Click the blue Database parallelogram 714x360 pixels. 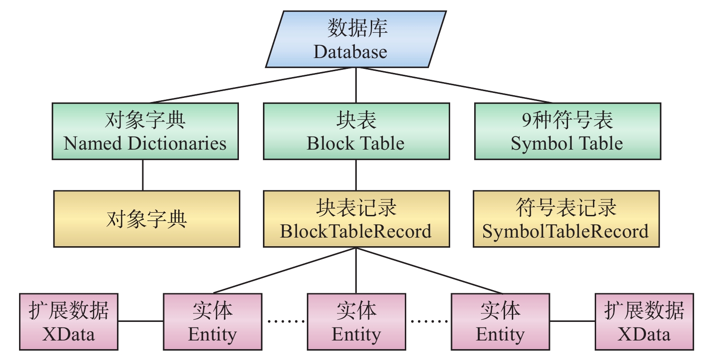coord(356,39)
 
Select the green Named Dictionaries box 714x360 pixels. coord(145,131)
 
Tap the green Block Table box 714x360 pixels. coord(356,131)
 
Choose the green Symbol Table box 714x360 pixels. coord(568,131)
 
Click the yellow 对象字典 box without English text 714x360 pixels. coord(146,219)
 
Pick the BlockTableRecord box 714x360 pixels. coord(356,219)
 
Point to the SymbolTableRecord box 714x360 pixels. coord(566,219)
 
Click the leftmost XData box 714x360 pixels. coord(68,321)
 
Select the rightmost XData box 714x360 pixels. coord(644,321)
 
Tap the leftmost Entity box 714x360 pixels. coord(213,321)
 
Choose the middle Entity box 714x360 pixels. coord(356,321)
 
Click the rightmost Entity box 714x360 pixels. coord(500,321)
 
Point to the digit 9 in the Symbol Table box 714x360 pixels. coord(526,120)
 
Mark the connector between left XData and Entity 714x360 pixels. coord(141,321)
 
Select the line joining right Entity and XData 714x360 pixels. coord(572,321)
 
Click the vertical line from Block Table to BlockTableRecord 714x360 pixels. coord(356,175)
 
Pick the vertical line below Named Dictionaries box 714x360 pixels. coord(143,175)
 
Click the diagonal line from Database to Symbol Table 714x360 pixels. coord(453,85)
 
